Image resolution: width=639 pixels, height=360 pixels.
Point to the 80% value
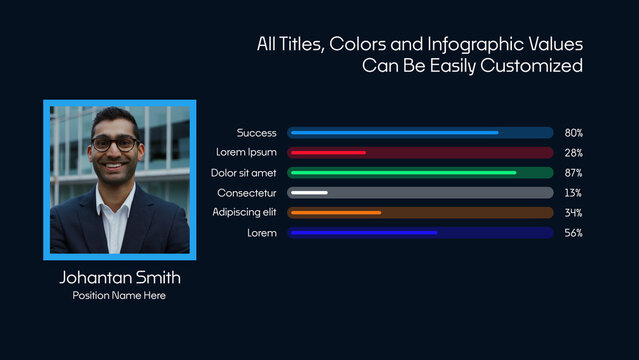(573, 133)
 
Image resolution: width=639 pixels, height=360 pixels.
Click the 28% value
(573, 153)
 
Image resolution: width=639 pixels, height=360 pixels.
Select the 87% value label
(573, 173)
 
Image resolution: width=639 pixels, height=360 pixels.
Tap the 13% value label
(573, 193)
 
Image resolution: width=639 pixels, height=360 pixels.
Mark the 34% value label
(573, 213)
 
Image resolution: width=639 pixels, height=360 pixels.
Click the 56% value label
(573, 233)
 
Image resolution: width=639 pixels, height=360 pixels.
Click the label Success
(257, 133)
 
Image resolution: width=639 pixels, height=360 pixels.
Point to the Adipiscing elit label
(244, 213)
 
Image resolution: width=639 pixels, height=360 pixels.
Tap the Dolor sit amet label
(243, 173)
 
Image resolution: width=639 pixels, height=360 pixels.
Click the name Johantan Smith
(120, 277)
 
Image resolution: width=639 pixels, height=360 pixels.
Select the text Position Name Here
(120, 296)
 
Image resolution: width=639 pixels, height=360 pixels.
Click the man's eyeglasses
(114, 144)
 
